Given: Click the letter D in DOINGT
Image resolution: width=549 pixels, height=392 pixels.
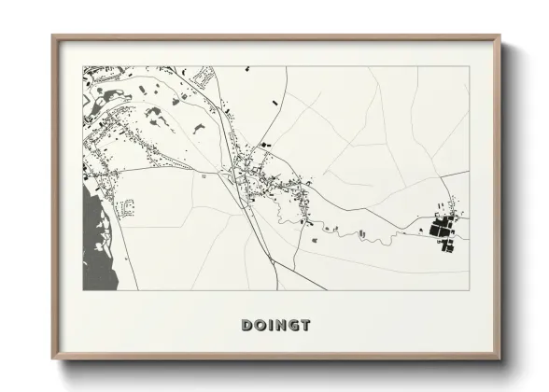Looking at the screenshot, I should (248, 326).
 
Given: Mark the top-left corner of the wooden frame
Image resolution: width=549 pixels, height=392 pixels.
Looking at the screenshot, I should (52, 36).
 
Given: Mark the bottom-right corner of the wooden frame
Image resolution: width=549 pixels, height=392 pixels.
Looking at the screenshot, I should (500, 360).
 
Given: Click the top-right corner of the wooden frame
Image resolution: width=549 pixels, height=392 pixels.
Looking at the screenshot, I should (500, 36).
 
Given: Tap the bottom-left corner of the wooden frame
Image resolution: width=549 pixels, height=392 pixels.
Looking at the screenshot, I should (52, 360).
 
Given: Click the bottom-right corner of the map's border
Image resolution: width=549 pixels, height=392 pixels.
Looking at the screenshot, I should (470, 289).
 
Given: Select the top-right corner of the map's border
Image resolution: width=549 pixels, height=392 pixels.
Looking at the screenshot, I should (470, 66).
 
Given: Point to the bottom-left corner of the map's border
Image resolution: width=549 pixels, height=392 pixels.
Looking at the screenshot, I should (83, 289).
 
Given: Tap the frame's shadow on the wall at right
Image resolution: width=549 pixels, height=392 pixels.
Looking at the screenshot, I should (507, 205).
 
